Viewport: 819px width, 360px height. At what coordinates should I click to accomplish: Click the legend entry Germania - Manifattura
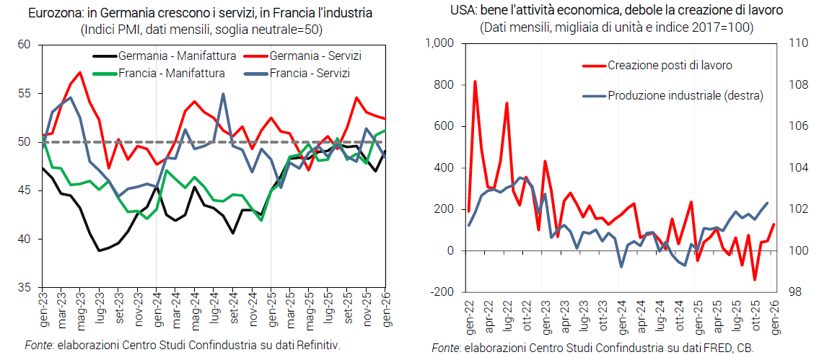(161, 56)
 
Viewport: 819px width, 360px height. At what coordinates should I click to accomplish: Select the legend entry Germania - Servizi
(315, 56)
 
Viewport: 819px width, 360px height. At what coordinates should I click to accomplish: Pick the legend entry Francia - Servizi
(310, 73)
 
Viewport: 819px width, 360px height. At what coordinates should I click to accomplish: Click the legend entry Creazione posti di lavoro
(670, 65)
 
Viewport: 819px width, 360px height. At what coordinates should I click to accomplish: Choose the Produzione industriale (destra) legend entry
(685, 95)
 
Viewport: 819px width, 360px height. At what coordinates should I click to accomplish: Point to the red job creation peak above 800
(475, 82)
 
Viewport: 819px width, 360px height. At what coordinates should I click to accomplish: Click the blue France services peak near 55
(223, 94)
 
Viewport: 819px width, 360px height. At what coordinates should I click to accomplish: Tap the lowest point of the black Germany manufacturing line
(100, 250)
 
